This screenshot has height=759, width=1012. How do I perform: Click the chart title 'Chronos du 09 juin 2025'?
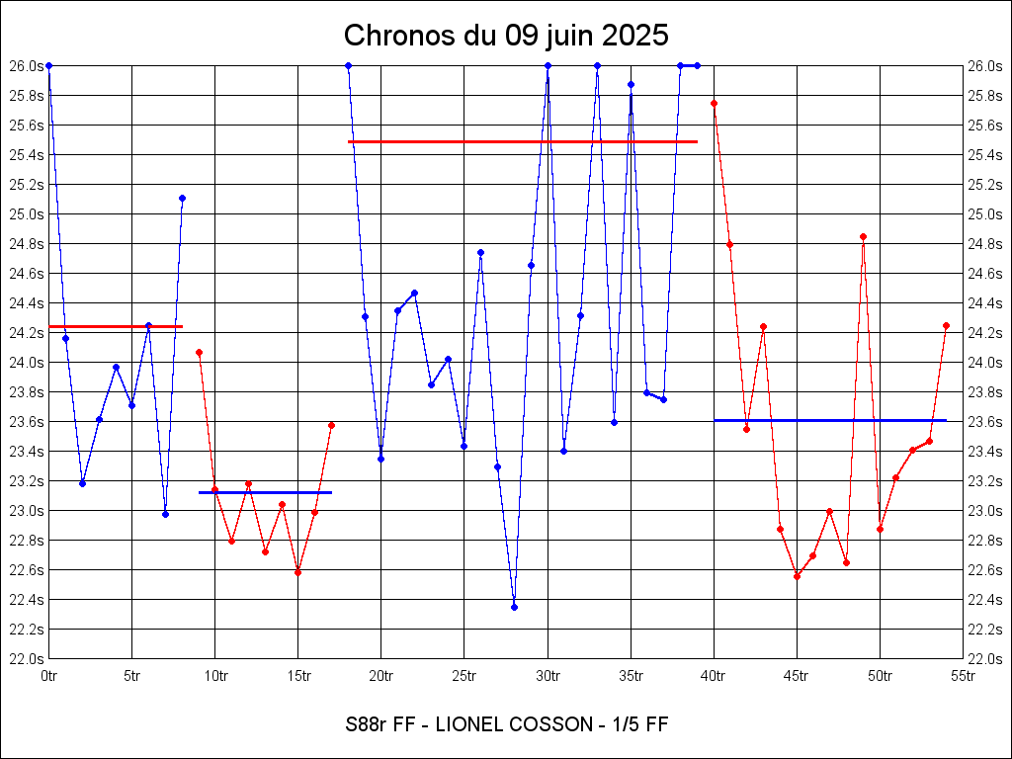click(506, 36)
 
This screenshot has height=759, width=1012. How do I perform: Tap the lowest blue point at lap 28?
click(514, 607)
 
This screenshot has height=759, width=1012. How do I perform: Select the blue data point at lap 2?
click(82, 483)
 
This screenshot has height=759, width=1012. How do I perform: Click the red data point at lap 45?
click(797, 576)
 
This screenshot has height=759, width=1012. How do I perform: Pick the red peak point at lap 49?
click(863, 236)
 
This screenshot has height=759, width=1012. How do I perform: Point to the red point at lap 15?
click(297, 572)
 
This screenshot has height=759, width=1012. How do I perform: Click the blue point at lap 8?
click(182, 198)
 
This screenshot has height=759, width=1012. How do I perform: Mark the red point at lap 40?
click(714, 103)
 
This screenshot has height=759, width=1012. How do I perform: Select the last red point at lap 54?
click(946, 325)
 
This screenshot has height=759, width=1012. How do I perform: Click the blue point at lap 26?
click(480, 252)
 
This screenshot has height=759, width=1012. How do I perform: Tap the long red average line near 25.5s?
click(523, 141)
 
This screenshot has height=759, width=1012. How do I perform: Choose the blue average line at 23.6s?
click(830, 420)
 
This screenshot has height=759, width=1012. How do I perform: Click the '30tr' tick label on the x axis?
click(548, 677)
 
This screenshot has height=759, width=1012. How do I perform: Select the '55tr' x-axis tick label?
click(964, 677)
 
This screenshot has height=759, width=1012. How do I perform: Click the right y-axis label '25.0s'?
click(985, 213)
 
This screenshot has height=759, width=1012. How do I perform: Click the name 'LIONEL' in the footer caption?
click(457, 724)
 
